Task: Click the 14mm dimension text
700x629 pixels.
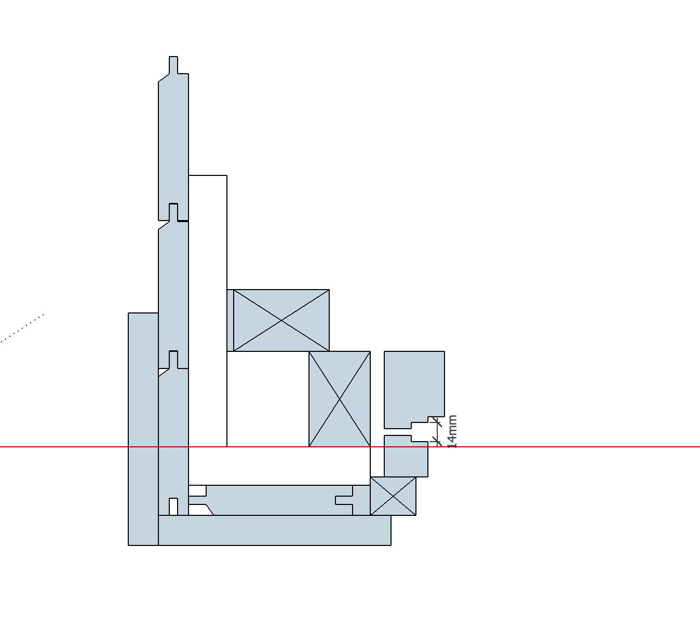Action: coord(452,431)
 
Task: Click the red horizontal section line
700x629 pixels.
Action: coord(545,446)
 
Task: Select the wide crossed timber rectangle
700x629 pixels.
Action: coord(281,320)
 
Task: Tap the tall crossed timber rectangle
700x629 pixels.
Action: coord(340,399)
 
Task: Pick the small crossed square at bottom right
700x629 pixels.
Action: coord(393,497)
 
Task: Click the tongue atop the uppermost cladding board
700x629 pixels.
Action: coord(173,65)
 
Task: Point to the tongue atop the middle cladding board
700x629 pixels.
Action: coord(173,212)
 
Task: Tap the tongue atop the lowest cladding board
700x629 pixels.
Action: coord(173,359)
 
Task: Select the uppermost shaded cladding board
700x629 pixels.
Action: coord(173,145)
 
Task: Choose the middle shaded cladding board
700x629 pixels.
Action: coord(173,291)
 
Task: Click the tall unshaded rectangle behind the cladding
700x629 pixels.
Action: coord(208,311)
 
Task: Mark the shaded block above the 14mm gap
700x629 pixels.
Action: coord(414,384)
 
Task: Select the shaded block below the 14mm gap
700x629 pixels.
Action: coord(406,459)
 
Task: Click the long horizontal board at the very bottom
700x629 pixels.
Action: coord(274,530)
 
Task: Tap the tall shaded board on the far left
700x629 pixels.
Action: coord(143,428)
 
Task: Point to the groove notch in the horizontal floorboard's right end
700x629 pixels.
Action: coord(344,500)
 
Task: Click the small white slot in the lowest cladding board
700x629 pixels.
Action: coord(173,507)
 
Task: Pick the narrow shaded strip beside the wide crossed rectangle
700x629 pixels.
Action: coord(230,320)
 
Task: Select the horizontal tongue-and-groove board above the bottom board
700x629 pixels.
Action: coord(275,500)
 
